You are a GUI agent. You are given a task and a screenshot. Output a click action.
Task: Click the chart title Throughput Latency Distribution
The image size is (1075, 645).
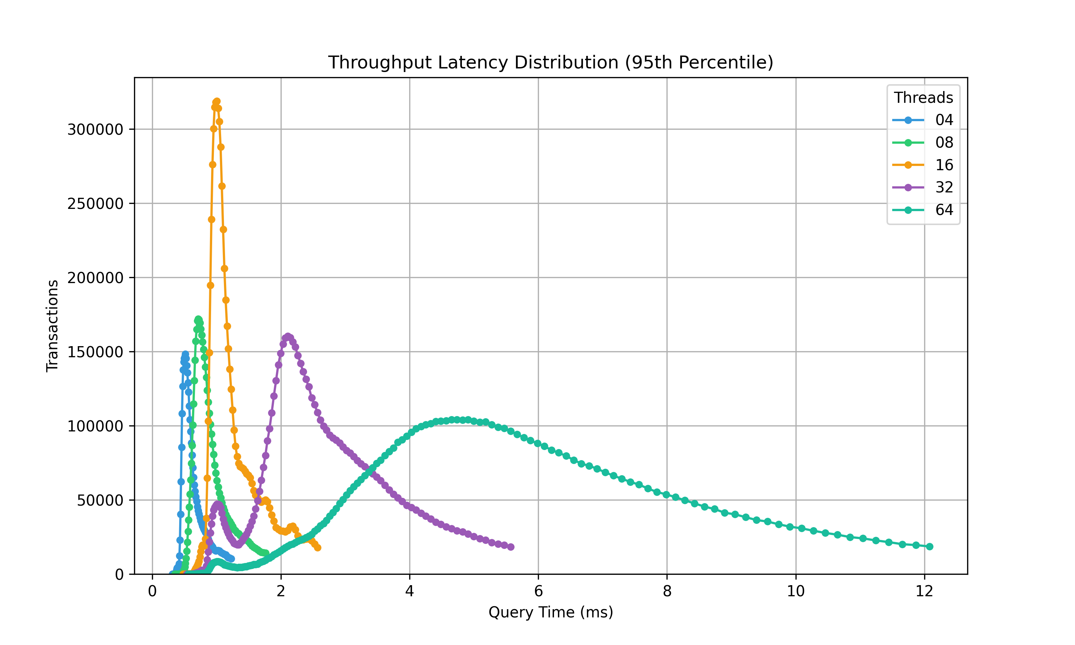pos(550,63)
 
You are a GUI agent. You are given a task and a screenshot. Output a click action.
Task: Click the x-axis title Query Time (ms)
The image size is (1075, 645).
pos(550,612)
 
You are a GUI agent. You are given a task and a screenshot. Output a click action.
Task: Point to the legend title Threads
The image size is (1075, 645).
pos(923,98)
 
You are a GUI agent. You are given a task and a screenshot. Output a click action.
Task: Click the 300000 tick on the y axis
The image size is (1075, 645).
pos(95,129)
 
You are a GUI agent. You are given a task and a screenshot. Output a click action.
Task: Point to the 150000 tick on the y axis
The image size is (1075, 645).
pos(95,352)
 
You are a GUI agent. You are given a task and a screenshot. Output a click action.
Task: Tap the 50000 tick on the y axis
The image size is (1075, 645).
pos(100,500)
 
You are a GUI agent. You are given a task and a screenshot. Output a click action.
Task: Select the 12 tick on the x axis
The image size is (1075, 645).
pos(924,592)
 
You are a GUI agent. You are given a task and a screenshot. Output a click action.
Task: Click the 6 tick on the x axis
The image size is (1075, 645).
pos(538,592)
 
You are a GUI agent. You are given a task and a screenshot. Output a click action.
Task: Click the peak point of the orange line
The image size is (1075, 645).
pos(217,101)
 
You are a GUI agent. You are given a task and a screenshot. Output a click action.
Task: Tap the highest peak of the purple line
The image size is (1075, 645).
pos(288,336)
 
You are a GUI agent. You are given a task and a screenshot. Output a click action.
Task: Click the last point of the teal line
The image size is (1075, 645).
pos(930,546)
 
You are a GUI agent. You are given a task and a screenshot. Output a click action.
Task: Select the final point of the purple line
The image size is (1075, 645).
pos(511,547)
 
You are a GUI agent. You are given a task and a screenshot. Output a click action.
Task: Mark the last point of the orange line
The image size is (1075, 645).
pos(317,548)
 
